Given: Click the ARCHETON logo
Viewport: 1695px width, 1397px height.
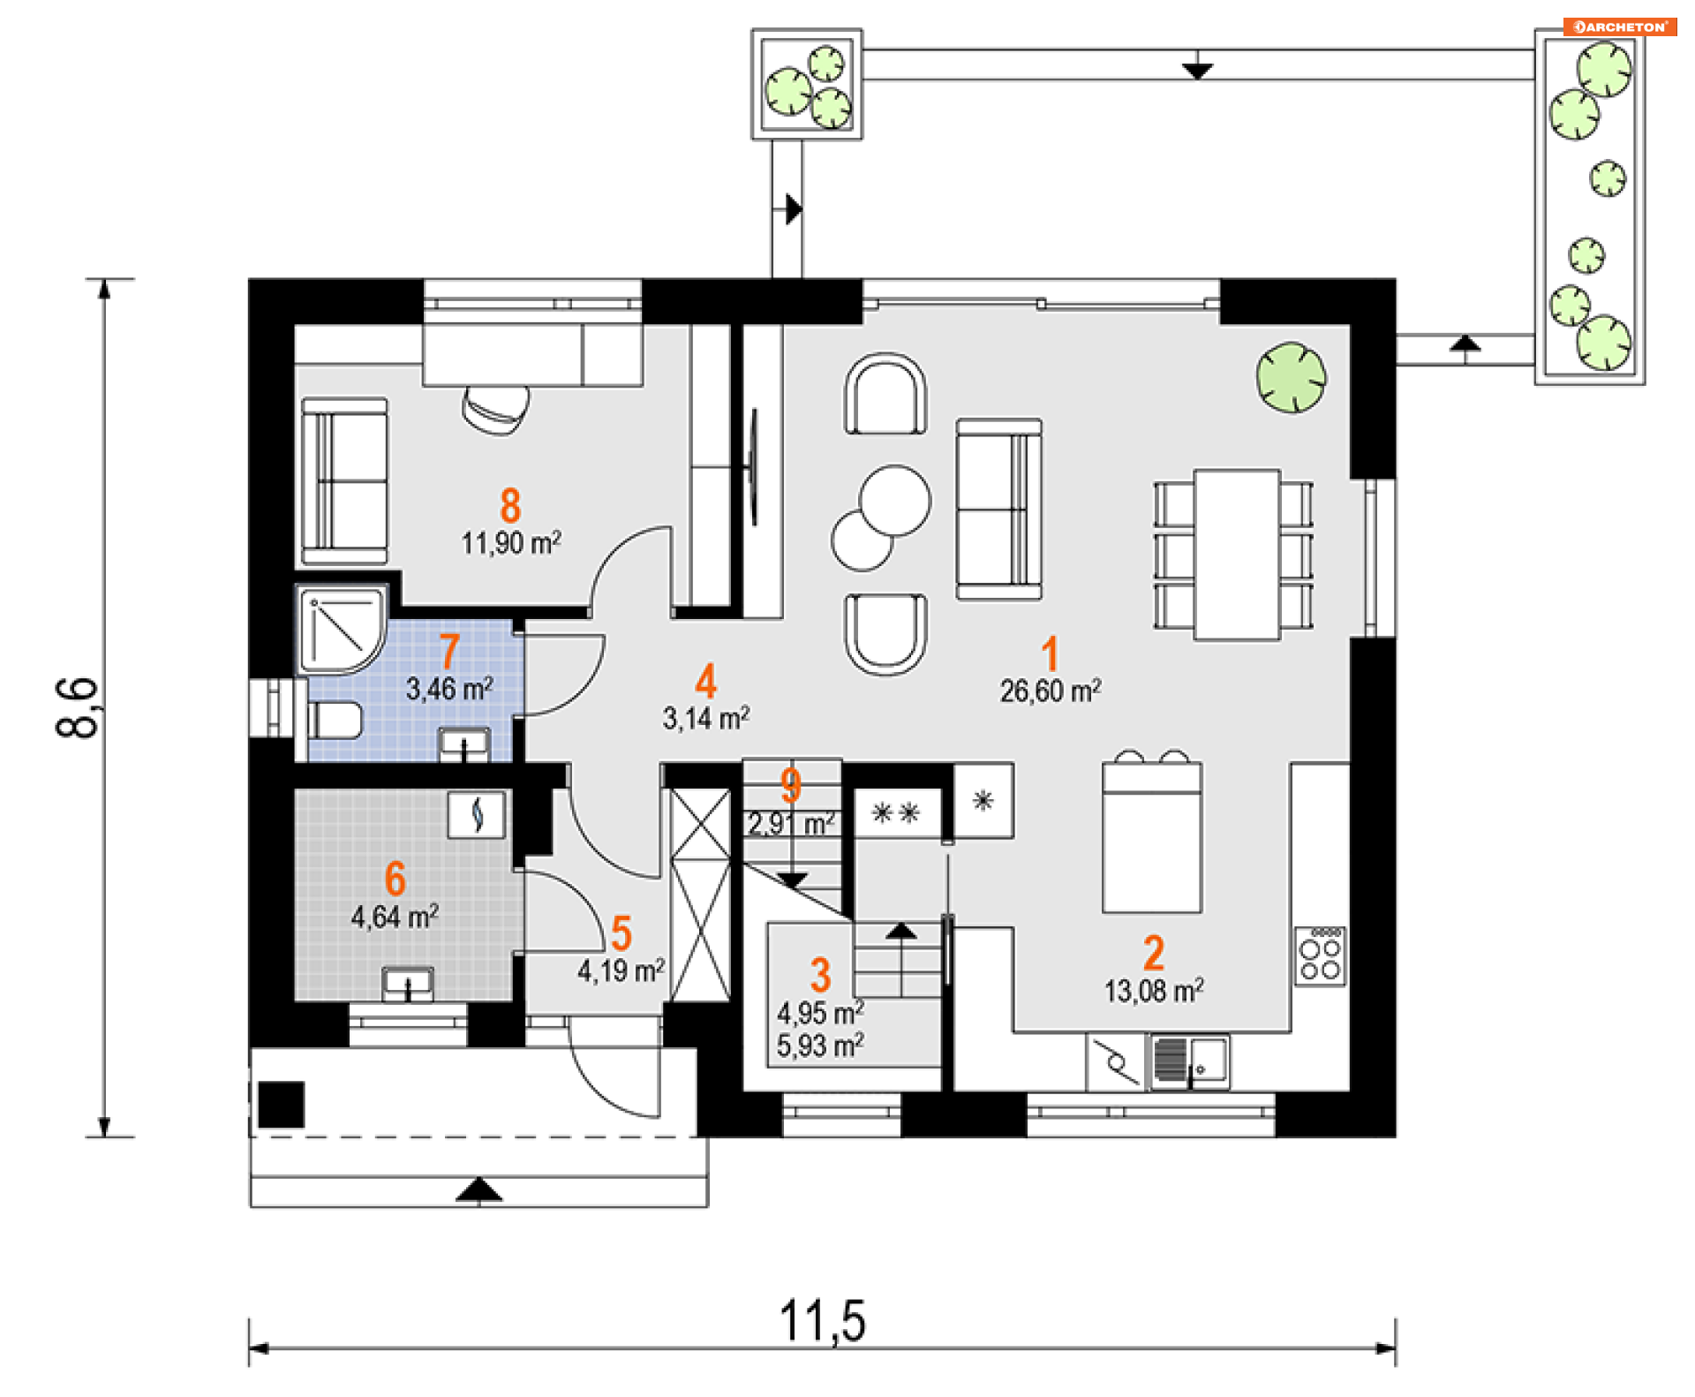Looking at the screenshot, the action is [x=1619, y=26].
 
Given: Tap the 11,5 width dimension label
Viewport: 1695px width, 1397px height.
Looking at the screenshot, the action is [x=822, y=1321].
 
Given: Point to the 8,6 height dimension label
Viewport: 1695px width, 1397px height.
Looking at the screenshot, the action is [x=77, y=707].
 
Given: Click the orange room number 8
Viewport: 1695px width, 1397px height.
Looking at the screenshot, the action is [x=510, y=506].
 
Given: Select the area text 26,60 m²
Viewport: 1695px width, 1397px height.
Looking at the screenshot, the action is [x=1051, y=691].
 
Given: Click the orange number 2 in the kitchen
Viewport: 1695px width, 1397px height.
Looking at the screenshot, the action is [x=1153, y=954].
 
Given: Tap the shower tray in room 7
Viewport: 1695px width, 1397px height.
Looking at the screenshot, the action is [x=342, y=630].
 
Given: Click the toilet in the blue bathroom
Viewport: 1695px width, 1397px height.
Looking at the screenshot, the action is [x=334, y=721].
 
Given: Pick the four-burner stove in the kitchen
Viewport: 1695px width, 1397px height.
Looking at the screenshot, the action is [x=1320, y=955].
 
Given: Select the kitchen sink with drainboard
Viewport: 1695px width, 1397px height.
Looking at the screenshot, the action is [x=1190, y=1061].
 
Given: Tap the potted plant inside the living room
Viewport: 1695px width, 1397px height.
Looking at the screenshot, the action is [x=1291, y=378].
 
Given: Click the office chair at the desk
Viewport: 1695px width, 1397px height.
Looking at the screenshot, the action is [x=496, y=409].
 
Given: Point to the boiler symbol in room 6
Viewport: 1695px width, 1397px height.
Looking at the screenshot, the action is [x=477, y=814].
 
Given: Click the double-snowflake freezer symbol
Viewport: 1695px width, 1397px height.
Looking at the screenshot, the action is [x=895, y=812].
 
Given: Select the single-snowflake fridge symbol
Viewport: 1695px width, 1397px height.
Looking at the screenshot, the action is [x=983, y=801].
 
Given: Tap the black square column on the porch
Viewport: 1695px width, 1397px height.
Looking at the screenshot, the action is [x=282, y=1105].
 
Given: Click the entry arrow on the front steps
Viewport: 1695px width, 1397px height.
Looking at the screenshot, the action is [x=478, y=1189].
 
